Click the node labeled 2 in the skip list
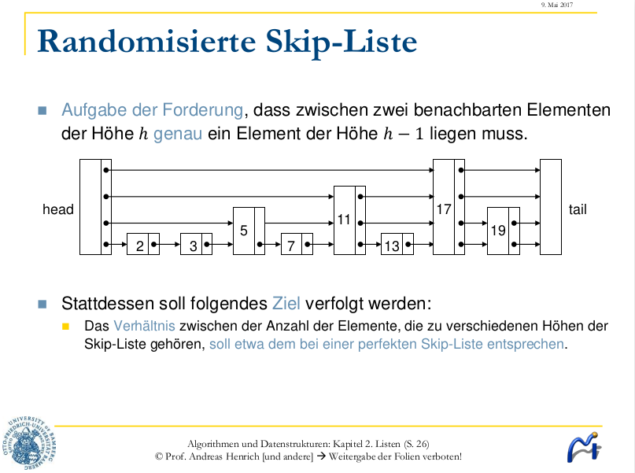[x=140, y=245]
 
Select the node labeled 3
[x=194, y=245]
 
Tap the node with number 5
[x=245, y=231]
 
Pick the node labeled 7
[x=292, y=245]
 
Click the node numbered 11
[x=345, y=220]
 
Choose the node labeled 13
[x=392, y=245]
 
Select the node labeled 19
[x=498, y=231]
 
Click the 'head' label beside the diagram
[x=58, y=209]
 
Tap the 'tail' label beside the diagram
[x=578, y=209]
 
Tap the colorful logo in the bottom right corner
[x=584, y=448]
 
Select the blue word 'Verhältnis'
[x=145, y=325]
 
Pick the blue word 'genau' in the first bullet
[x=178, y=133]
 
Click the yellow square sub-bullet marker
[x=67, y=325]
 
